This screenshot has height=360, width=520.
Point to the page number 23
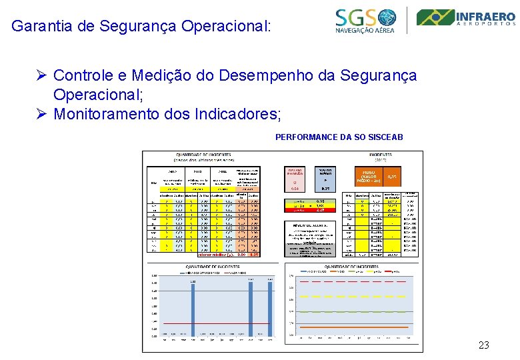(484, 345)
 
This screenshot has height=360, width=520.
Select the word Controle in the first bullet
(79, 75)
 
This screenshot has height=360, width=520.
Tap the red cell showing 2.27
(320, 210)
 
